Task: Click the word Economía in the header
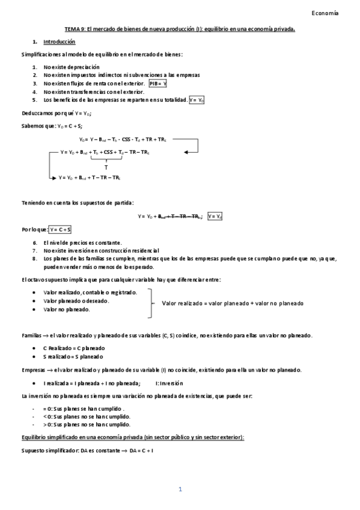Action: coord(326,13)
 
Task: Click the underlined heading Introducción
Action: coord(59,42)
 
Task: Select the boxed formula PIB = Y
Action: coord(158,84)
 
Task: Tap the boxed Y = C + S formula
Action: coord(61,229)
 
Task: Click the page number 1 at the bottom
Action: coord(180,490)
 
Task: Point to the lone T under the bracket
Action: coord(106,167)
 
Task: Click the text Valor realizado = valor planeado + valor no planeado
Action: coord(233,304)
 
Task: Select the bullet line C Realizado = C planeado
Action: coord(74,348)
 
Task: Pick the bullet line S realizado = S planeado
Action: coord(74,357)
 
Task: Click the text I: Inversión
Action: coord(169,382)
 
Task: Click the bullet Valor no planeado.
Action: coord(67,309)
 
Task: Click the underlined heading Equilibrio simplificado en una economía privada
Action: coord(132,437)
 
